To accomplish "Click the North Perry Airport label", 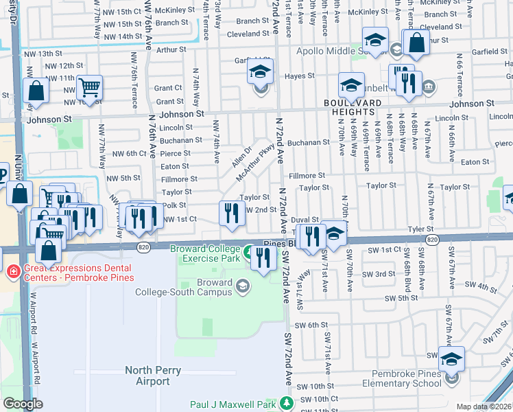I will [x=154, y=376].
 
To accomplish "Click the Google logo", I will [x=23, y=404].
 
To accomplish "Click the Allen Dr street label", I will [x=242, y=157].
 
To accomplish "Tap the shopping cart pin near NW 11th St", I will [x=89, y=87].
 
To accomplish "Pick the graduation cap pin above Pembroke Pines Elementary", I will [x=451, y=358].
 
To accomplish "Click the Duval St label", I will [x=305, y=219].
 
